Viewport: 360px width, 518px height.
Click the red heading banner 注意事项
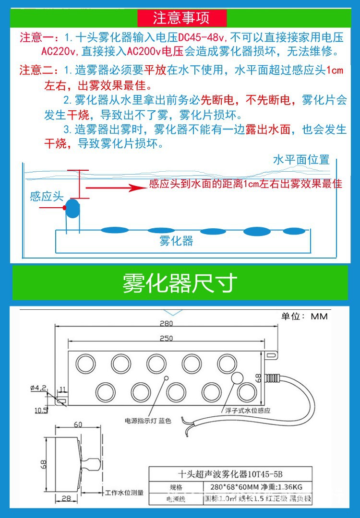pyautogui.click(x=181, y=18)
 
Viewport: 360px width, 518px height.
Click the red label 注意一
pyautogui.click(x=37, y=37)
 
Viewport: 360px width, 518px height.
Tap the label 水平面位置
pyautogui.click(x=301, y=160)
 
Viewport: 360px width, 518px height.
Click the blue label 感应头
pyautogui.click(x=47, y=196)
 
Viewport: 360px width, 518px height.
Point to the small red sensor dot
pyautogui.click(x=65, y=208)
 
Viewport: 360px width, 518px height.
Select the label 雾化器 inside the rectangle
pyautogui.click(x=176, y=241)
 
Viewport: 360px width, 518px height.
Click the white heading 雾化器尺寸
pyautogui.click(x=180, y=283)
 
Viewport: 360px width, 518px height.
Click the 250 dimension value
pyautogui.click(x=166, y=338)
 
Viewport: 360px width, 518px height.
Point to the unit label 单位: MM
pyautogui.click(x=304, y=317)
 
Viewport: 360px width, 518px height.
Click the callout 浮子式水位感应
pyautogui.click(x=248, y=411)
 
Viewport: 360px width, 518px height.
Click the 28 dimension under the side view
pyautogui.click(x=66, y=498)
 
